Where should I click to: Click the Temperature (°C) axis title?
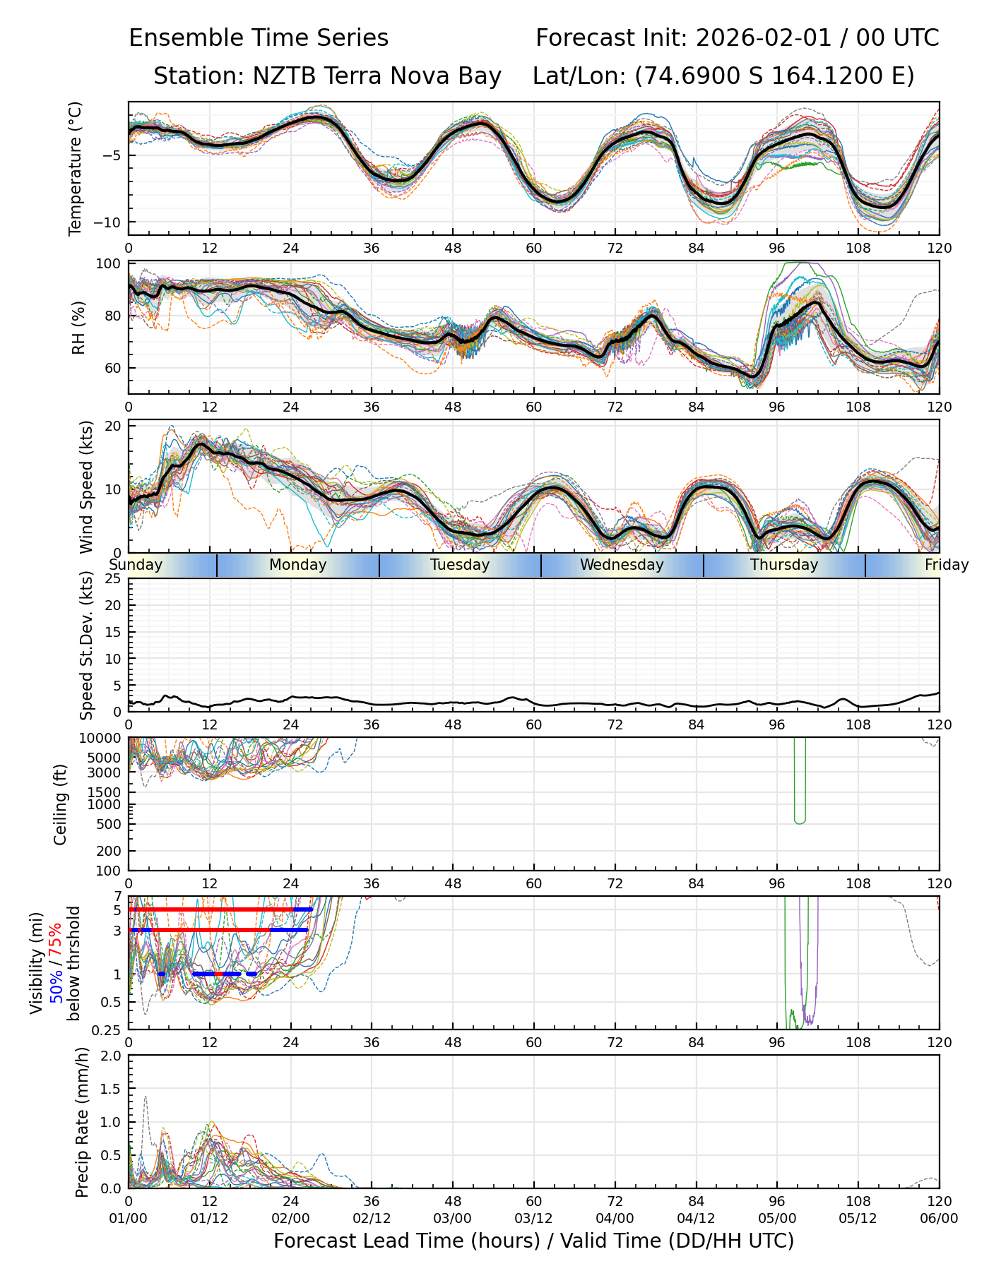(76, 168)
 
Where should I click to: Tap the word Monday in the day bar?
(297, 565)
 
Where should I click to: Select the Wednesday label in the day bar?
(622, 565)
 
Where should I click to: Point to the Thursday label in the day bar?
(784, 565)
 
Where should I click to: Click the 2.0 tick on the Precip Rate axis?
(112, 1056)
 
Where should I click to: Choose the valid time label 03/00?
(453, 1218)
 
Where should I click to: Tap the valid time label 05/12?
(858, 1218)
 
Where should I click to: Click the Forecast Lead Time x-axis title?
(533, 1241)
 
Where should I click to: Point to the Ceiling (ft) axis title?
(61, 804)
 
